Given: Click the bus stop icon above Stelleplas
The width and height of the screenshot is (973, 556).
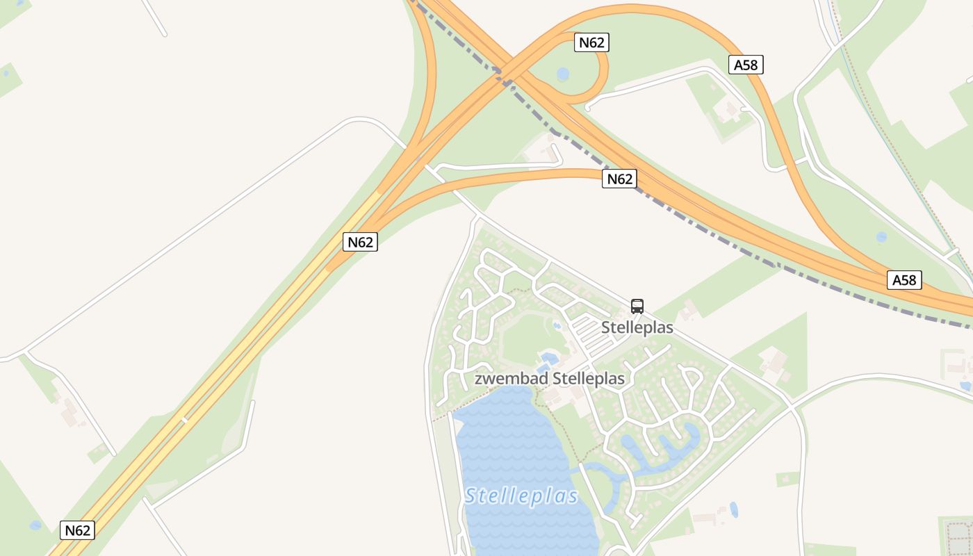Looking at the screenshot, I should pyautogui.click(x=637, y=306).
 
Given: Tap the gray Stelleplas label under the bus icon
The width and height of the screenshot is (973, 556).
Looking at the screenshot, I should pyautogui.click(x=637, y=327).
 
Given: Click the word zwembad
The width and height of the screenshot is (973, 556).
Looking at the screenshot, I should pyautogui.click(x=511, y=379).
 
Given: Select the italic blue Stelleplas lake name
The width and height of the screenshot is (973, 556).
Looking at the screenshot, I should pyautogui.click(x=521, y=496).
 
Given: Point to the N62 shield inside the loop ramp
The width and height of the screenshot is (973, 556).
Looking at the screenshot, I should pyautogui.click(x=592, y=42).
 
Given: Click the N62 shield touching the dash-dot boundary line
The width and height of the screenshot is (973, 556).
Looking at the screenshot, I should pyautogui.click(x=620, y=179).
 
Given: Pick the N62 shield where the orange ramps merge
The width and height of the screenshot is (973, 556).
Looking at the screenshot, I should pyautogui.click(x=361, y=242).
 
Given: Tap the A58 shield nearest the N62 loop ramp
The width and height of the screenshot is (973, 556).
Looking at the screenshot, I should pyautogui.click(x=746, y=65).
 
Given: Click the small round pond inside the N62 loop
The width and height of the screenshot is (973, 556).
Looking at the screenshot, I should pyautogui.click(x=563, y=74).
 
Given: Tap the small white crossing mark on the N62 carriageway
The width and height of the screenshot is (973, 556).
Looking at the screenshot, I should pyautogui.click(x=184, y=419).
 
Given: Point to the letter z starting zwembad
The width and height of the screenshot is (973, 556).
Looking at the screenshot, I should pyautogui.click(x=479, y=379).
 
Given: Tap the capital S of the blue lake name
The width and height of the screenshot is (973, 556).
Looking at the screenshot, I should pyautogui.click(x=471, y=496).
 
